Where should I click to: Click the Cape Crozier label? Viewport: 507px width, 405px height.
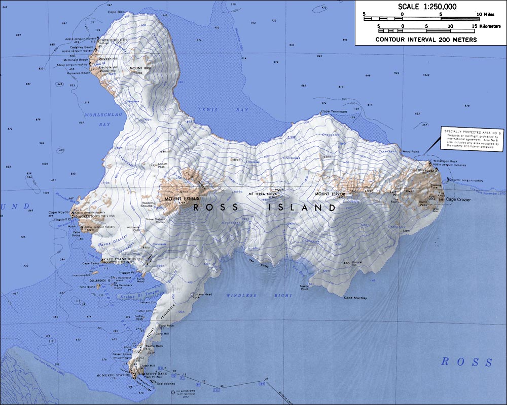(458, 200)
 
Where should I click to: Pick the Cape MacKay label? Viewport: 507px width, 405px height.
(355, 298)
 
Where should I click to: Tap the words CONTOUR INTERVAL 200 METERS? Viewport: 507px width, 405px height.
(426, 39)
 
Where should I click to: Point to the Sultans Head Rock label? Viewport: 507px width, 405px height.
(202, 296)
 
